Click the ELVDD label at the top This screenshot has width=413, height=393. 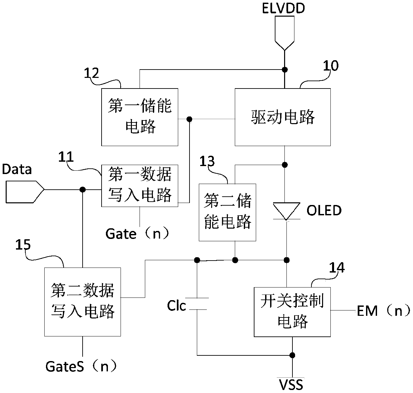tap(283, 8)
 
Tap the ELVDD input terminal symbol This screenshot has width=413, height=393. tap(284, 33)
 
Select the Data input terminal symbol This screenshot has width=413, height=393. tap(25, 192)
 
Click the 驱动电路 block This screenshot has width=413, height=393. tap(282, 117)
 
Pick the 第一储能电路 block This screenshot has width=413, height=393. tap(140, 117)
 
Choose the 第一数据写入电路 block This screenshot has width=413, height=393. tap(140, 186)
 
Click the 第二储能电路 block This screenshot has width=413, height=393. tap(227, 212)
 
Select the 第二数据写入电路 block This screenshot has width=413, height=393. tap(83, 302)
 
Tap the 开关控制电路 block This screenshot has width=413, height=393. tap(292, 312)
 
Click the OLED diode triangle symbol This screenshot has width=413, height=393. tap(286, 211)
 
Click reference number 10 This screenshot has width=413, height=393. tap(331, 66)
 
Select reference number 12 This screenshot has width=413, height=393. tap(91, 73)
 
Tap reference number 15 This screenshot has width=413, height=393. tap(23, 245)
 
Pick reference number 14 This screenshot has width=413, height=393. tap(337, 268)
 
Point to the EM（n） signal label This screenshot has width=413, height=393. tap(384, 311)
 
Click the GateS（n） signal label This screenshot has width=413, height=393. tap(81, 366)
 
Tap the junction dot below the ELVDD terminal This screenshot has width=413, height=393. tap(285, 70)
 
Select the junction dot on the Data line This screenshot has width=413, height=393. tap(83, 190)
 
